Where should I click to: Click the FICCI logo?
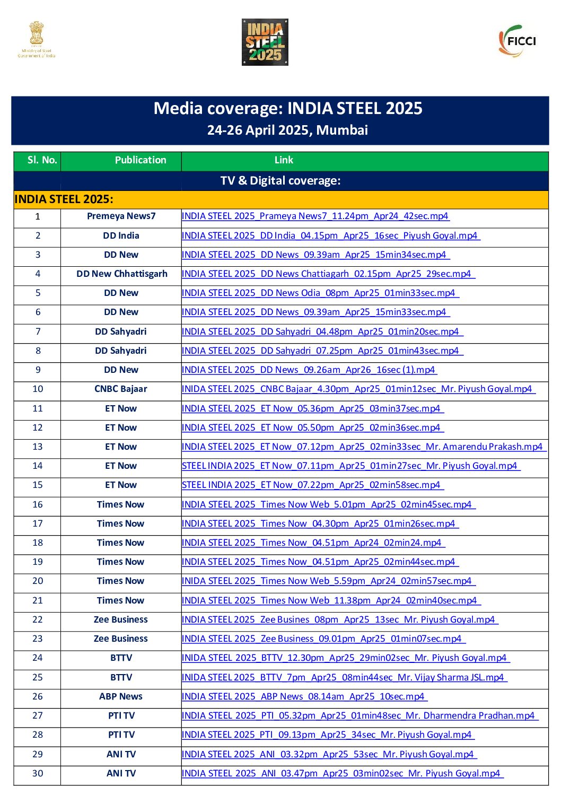(517, 41)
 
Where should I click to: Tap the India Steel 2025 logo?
(265, 42)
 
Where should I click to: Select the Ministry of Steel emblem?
(37, 39)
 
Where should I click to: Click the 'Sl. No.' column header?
(42, 160)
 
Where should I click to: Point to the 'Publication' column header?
(140, 160)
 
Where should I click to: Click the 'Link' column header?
(284, 160)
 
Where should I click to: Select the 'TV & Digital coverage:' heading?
(280, 181)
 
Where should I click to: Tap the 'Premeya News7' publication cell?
(121, 216)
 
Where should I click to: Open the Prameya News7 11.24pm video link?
(315, 216)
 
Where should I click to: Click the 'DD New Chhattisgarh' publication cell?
(121, 274)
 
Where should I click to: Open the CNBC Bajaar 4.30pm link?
(358, 389)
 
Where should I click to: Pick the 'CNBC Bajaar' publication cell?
(121, 389)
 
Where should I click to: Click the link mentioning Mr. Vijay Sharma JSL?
(344, 677)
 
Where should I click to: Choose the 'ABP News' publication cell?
(121, 697)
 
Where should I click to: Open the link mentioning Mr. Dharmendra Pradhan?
(359, 716)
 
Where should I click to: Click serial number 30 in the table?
(38, 774)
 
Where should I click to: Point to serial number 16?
(38, 505)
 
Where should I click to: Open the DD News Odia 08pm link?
(319, 293)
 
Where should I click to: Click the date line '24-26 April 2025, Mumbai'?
(287, 130)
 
